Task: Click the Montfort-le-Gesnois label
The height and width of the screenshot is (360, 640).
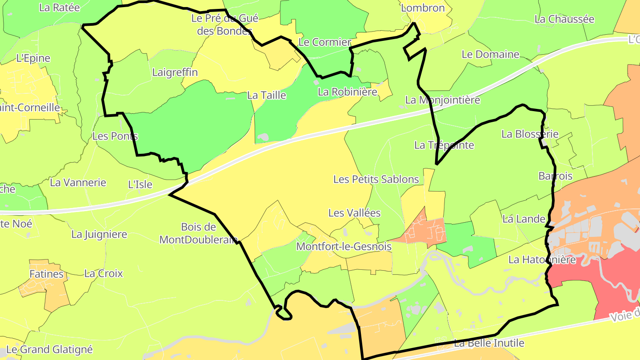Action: click(x=344, y=246)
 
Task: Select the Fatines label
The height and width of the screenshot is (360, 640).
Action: click(x=47, y=274)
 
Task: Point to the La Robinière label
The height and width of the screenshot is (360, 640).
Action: click(x=348, y=92)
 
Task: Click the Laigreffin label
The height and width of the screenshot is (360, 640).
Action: click(x=175, y=72)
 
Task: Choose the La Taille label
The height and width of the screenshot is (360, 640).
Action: click(x=267, y=95)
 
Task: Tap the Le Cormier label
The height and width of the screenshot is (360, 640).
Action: click(x=324, y=42)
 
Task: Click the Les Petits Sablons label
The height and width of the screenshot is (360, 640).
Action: click(x=376, y=179)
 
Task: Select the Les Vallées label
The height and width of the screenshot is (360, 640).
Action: click(x=354, y=213)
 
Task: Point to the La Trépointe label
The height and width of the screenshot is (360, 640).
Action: click(x=444, y=145)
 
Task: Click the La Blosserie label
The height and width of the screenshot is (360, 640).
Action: click(x=530, y=134)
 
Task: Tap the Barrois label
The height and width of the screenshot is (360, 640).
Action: click(x=556, y=176)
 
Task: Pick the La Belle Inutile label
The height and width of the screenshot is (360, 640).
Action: click(x=489, y=343)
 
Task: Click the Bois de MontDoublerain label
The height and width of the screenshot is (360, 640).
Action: click(x=198, y=233)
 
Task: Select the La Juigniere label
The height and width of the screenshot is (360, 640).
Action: click(x=99, y=234)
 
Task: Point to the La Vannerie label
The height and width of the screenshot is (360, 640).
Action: click(x=78, y=182)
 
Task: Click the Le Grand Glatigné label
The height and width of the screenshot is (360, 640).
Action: click(x=49, y=350)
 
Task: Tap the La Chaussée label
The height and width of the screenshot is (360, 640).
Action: click(x=564, y=19)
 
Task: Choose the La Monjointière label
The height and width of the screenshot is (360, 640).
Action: click(x=443, y=100)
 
